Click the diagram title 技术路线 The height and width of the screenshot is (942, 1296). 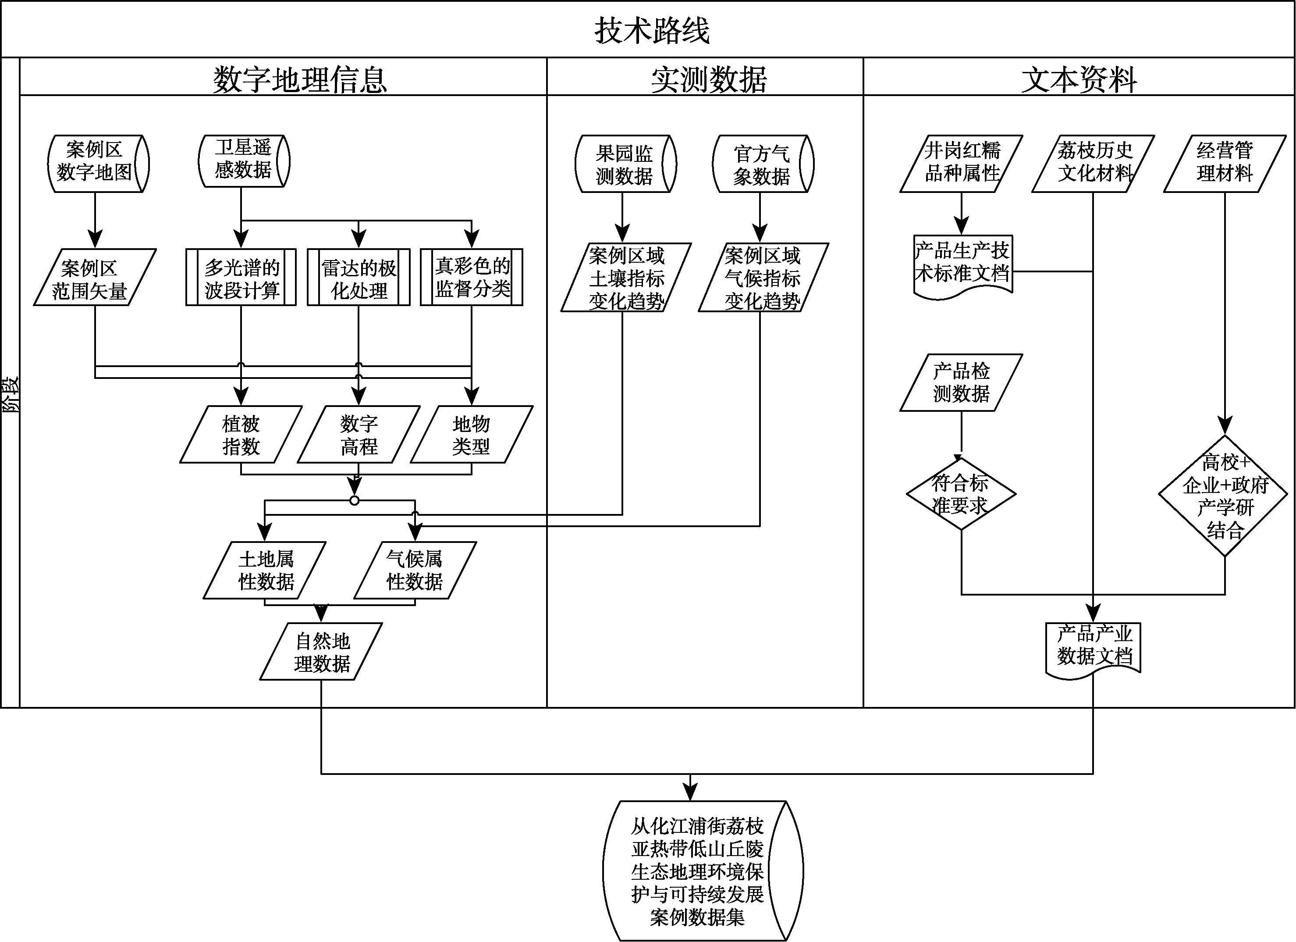652,30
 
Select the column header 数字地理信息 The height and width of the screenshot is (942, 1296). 300,79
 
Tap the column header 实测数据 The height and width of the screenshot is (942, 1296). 709,79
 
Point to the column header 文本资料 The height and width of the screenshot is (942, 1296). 1079,79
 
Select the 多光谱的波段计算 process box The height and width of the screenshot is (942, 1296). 241,277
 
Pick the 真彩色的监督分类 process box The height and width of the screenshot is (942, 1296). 472,277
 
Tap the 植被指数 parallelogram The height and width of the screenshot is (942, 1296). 241,435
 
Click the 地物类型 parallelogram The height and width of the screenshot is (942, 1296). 472,435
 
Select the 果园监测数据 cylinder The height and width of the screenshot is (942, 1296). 625,164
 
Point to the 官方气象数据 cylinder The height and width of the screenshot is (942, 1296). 762,164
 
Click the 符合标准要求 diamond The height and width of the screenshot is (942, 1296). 961,494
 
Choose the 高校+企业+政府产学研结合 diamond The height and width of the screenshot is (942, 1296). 1225,495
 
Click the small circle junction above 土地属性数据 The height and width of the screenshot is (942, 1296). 354,501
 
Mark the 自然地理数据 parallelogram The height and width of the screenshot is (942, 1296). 322,652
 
